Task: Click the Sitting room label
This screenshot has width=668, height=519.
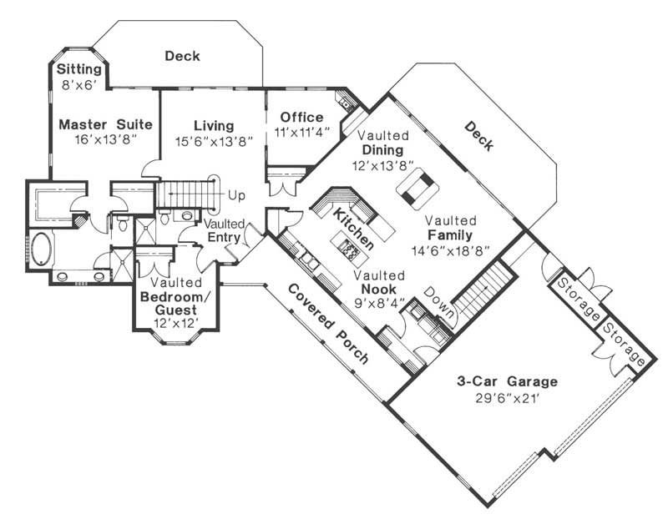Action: coord(79,68)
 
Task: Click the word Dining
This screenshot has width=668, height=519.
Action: coord(383,149)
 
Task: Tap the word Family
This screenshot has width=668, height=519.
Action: coord(451,235)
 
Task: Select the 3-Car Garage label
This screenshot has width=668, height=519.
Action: coord(507,381)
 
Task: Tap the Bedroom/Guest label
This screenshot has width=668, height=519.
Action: coord(175,304)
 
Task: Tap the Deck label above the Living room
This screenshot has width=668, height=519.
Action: coord(181,56)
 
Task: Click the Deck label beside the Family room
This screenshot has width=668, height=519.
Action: coord(479,137)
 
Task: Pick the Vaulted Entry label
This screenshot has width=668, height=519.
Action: coord(223,231)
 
